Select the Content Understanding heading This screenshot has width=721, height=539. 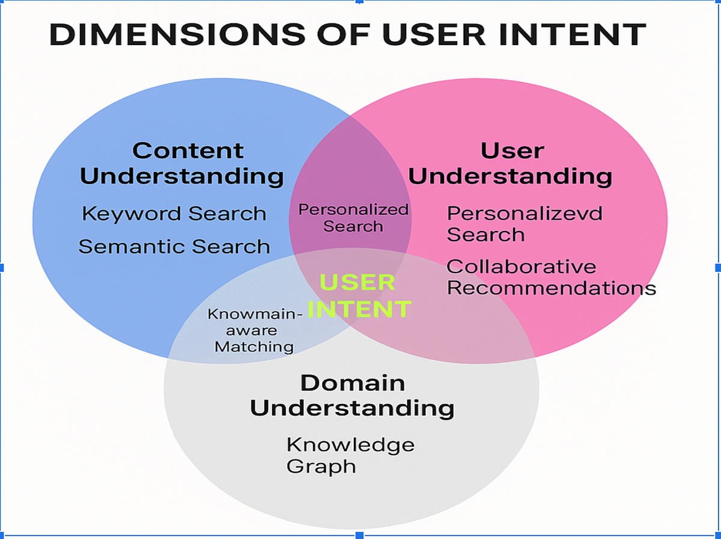[x=181, y=163]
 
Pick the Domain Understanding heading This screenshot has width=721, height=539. [x=352, y=395]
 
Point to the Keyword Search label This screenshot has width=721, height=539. [x=174, y=214]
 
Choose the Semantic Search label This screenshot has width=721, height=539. [x=174, y=247]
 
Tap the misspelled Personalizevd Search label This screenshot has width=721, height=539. [x=525, y=224]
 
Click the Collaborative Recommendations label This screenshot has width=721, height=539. [x=551, y=277]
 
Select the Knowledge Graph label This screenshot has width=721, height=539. [x=350, y=455]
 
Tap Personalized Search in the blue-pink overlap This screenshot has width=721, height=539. [x=353, y=218]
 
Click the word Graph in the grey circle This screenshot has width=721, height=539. [x=321, y=466]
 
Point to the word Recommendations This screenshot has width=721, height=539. [x=551, y=288]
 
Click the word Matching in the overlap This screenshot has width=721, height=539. [x=254, y=346]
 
